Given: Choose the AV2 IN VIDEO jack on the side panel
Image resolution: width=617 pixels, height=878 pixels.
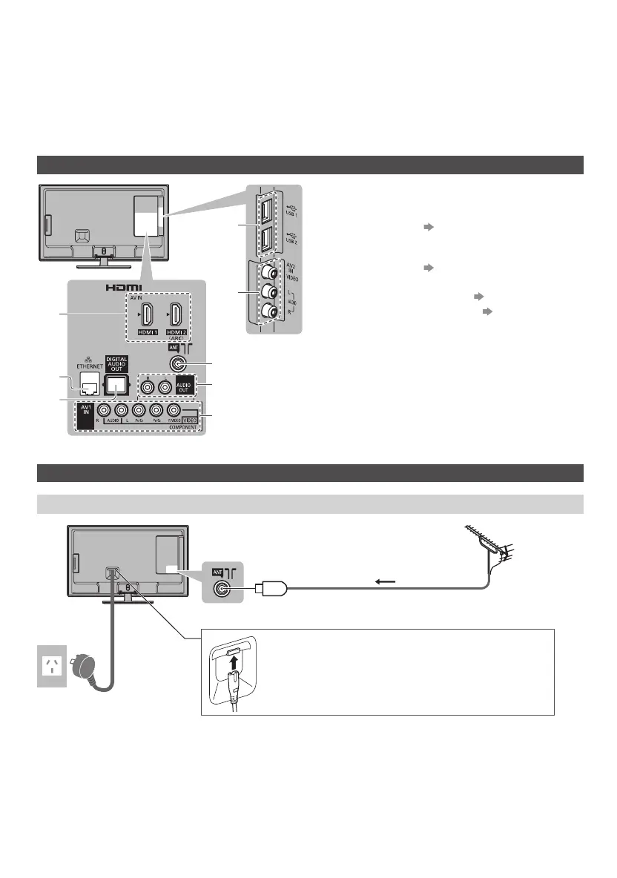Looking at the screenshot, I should coord(265,275).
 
